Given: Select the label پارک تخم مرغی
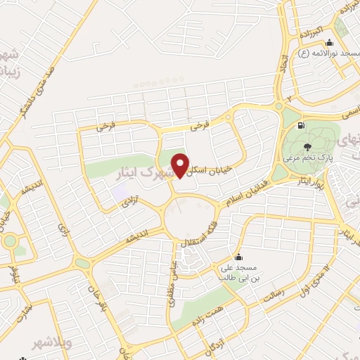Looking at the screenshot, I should click(x=307, y=157).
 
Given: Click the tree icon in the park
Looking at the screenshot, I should click(x=307, y=146).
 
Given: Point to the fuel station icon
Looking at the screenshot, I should click(x=302, y=126).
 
